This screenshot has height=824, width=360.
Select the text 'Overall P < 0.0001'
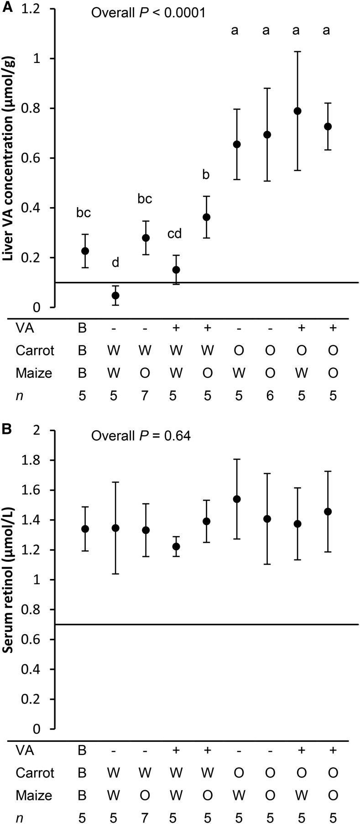click(x=148, y=12)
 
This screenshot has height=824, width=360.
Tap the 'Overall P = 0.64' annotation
click(x=141, y=436)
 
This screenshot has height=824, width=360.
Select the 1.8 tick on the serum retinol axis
click(x=37, y=460)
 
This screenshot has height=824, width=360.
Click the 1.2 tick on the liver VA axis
click(x=37, y=9)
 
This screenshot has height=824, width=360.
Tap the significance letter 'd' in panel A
click(x=115, y=262)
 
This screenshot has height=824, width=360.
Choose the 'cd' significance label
click(x=174, y=234)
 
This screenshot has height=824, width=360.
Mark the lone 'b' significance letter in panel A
click(x=206, y=175)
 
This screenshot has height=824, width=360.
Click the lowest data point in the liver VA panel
click(x=115, y=295)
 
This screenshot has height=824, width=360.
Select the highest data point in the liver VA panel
click(x=298, y=111)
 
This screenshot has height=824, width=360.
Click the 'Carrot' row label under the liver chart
click(x=35, y=350)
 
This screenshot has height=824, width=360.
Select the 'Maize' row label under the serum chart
click(x=34, y=795)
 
